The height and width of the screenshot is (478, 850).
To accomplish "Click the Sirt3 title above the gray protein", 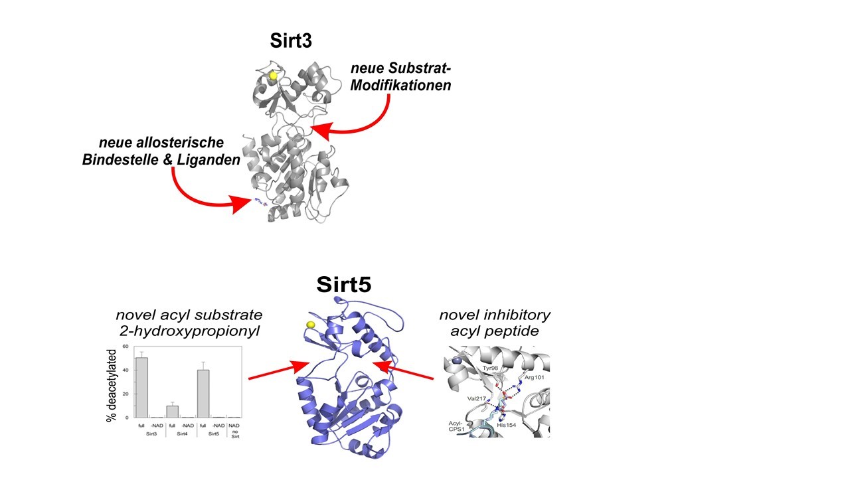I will (x=291, y=41).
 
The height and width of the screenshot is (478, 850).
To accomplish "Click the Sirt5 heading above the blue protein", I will (x=343, y=284).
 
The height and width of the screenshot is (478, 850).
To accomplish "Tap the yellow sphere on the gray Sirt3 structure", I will (x=273, y=76).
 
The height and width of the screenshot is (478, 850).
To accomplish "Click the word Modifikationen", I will (x=400, y=86).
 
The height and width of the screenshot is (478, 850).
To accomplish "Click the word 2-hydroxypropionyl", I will (x=189, y=331).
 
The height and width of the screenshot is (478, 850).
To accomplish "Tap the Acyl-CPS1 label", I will (x=456, y=424).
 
